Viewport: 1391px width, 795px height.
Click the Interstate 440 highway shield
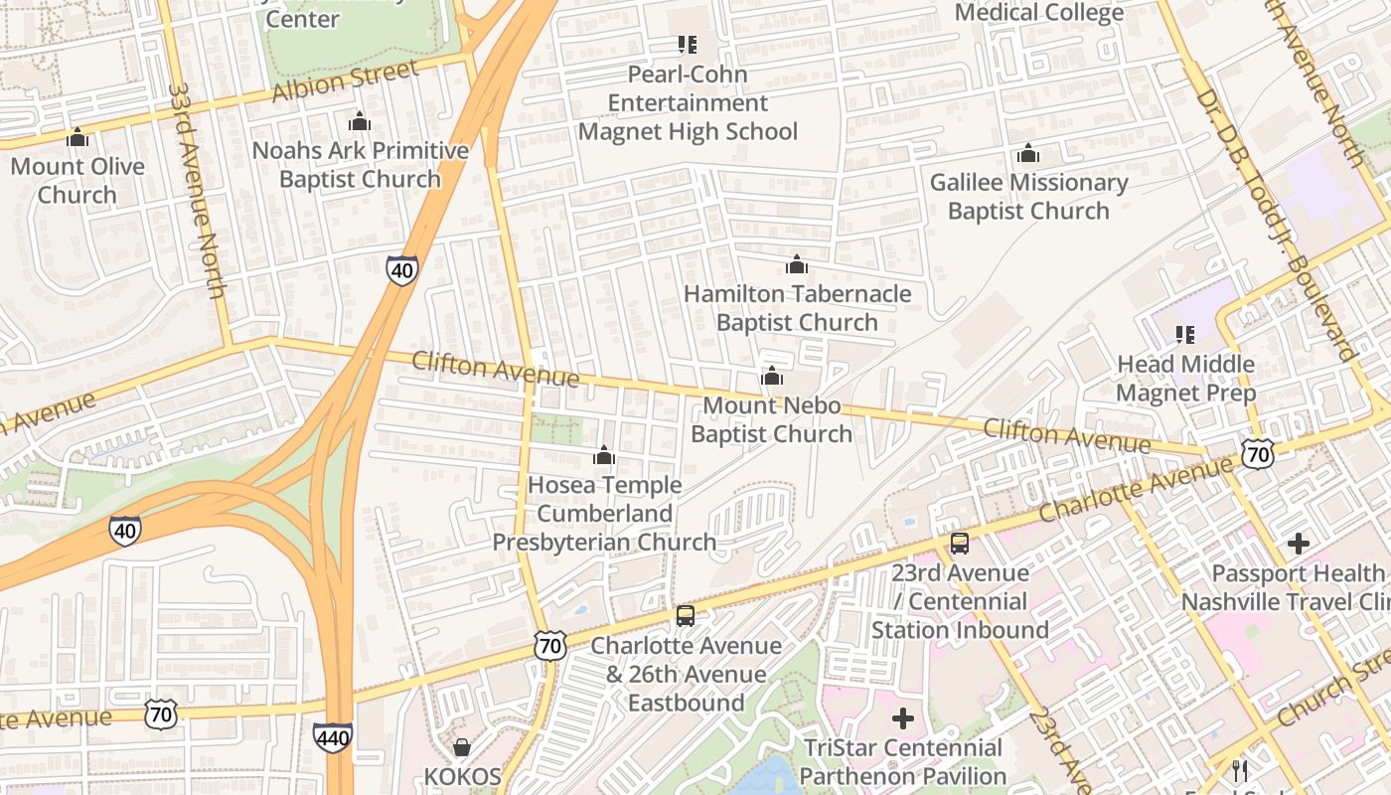tap(332, 736)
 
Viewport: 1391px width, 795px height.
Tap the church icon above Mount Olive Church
tap(77, 137)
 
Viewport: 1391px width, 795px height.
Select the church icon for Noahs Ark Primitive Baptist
tap(359, 121)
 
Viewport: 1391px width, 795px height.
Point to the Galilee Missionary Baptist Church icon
tap(1028, 153)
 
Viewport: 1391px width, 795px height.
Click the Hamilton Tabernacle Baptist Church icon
tap(796, 264)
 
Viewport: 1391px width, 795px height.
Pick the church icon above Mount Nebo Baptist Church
tap(771, 377)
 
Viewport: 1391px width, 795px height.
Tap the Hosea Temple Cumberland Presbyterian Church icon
tap(603, 456)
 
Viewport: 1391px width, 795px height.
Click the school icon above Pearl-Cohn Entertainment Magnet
tap(687, 45)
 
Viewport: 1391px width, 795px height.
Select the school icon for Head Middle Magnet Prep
tap(1184, 335)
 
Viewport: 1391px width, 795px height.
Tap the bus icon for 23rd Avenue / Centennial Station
tap(959, 544)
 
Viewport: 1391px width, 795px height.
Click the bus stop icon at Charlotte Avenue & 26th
tap(686, 616)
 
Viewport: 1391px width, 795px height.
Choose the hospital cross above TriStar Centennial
tap(902, 718)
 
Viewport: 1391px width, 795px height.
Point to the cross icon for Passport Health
tap(1298, 544)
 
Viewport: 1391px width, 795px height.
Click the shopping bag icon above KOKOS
tap(461, 746)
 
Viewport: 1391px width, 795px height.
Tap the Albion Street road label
tap(345, 81)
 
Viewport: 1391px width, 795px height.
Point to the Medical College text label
tap(1039, 12)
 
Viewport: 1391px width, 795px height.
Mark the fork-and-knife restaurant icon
tap(1239, 770)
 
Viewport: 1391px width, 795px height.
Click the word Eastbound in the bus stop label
tap(686, 703)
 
